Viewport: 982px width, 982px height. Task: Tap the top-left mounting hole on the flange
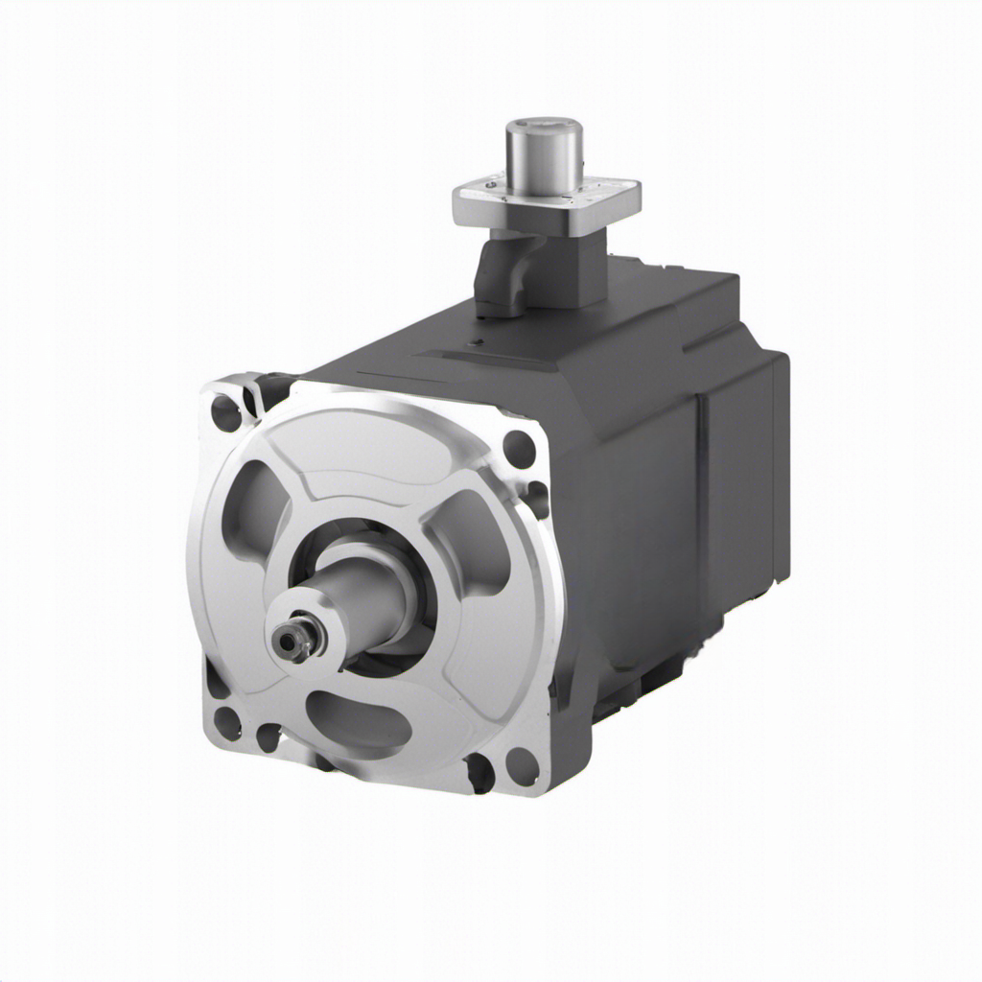click(226, 412)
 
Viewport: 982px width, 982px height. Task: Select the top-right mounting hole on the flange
click(519, 448)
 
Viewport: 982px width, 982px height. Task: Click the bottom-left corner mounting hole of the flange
click(227, 721)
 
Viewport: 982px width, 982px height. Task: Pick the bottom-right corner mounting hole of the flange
click(522, 765)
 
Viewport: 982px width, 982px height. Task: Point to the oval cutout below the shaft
click(357, 719)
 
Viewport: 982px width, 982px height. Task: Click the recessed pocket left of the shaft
click(253, 508)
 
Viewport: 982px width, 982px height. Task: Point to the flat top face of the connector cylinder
click(544, 126)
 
